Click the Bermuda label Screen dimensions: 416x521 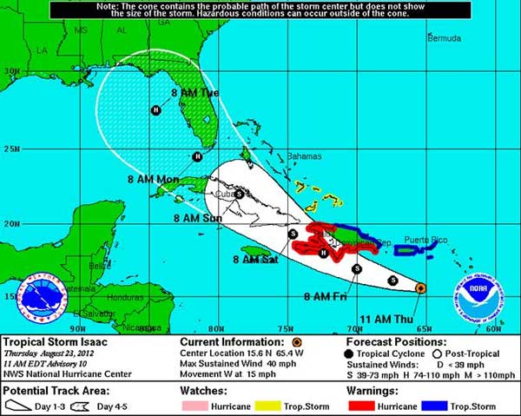click(445, 38)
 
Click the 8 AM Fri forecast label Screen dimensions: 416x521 click(325, 296)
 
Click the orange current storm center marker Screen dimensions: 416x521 click(420, 287)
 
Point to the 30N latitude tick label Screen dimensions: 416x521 click(10, 72)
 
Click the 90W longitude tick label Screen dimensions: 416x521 click(78, 328)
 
